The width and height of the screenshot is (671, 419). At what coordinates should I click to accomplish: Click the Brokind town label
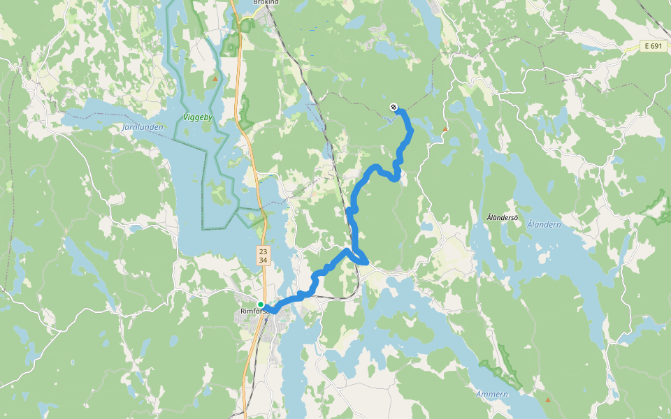click(x=266, y=3)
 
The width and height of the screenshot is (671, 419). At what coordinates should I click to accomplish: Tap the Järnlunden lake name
click(x=142, y=128)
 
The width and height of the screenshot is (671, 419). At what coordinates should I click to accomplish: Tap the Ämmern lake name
click(x=492, y=395)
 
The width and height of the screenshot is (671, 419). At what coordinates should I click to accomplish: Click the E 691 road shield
click(x=653, y=46)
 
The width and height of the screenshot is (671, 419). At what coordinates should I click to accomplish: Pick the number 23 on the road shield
click(x=263, y=251)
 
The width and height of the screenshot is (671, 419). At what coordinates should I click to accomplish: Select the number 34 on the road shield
click(x=263, y=260)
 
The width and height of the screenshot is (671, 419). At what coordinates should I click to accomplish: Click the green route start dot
click(x=261, y=304)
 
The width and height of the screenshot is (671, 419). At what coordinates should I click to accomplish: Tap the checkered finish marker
click(x=394, y=107)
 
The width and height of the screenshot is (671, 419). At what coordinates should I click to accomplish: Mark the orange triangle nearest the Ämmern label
click(x=547, y=400)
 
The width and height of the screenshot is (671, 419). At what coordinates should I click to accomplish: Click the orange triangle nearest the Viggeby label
click(x=215, y=78)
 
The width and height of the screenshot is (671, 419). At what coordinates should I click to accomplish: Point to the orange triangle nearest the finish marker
click(x=445, y=129)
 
